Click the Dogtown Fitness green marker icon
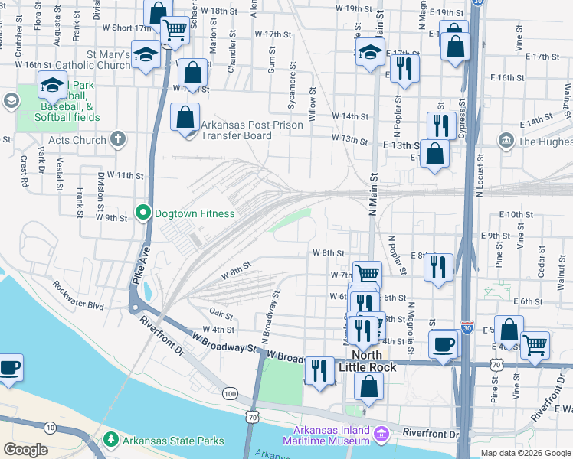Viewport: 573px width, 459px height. [142, 213]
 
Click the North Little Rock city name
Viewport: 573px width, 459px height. [375, 361]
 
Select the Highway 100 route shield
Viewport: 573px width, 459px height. [230, 393]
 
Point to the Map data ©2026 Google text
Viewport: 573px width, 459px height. [526, 453]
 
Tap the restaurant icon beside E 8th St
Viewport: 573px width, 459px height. [437, 267]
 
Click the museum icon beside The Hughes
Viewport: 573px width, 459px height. [506, 141]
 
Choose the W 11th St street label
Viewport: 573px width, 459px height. [125, 175]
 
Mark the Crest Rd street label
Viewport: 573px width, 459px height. [25, 172]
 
